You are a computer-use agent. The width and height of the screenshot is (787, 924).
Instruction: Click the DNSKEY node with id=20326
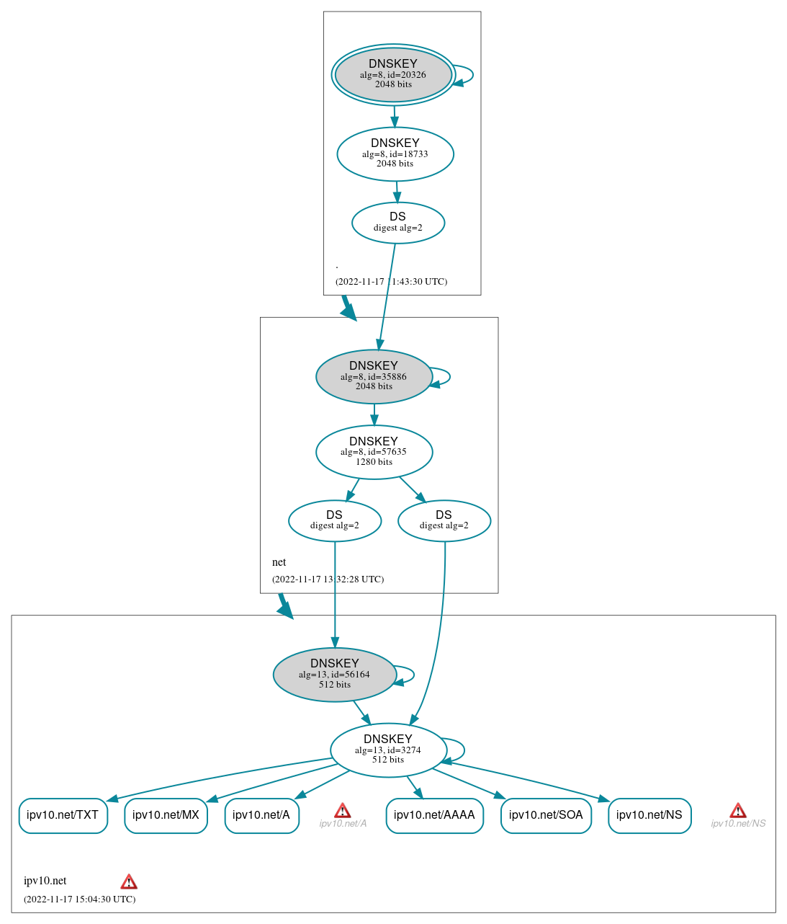393,74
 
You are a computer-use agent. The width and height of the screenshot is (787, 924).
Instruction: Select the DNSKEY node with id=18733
395,154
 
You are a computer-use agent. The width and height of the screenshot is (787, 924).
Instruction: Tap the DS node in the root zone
398,223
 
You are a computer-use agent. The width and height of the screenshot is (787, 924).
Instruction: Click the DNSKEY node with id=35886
374,376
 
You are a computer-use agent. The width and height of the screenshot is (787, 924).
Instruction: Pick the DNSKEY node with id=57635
374,452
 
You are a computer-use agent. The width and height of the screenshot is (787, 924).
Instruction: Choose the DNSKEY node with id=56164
335,675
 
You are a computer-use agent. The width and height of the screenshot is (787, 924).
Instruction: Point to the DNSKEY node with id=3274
388,750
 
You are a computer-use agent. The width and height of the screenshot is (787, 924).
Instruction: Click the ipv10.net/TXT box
63,815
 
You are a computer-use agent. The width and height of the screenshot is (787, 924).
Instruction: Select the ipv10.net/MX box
166,815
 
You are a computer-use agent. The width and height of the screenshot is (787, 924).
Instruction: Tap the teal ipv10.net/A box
261,815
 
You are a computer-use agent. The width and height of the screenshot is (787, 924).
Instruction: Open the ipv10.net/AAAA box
434,815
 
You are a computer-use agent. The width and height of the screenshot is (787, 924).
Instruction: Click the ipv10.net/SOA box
546,815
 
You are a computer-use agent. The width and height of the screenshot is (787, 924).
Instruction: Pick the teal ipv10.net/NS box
649,815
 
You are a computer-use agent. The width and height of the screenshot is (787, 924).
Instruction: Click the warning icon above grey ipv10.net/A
343,811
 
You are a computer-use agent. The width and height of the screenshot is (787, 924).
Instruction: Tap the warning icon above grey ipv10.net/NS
738,811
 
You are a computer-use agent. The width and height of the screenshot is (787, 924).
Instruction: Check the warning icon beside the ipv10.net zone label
129,881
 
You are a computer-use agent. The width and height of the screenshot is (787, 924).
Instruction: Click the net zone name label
279,562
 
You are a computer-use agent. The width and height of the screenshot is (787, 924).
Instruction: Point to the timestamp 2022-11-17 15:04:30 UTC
79,899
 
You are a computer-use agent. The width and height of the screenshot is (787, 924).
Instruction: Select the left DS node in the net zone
335,520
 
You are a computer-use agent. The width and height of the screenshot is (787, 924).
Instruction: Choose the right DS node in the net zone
444,520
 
